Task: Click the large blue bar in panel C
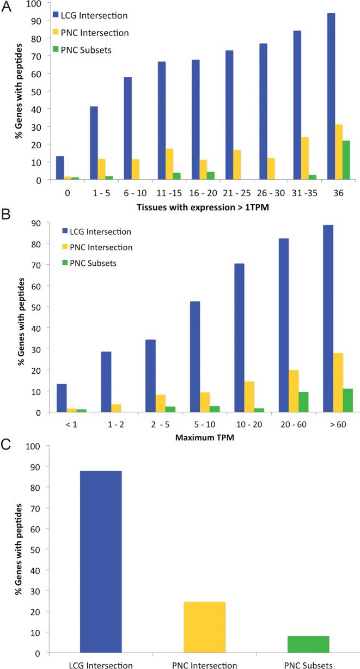point(101,562)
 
